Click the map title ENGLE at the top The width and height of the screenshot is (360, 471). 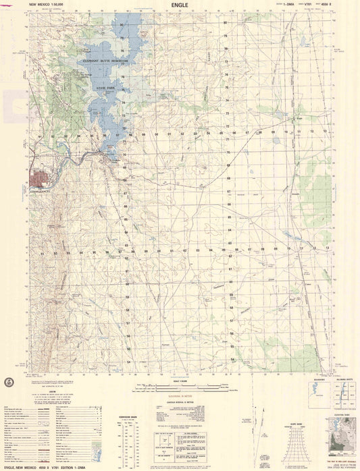pyautogui.click(x=180, y=4)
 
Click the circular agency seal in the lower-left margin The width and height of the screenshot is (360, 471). pyautogui.click(x=9, y=383)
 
